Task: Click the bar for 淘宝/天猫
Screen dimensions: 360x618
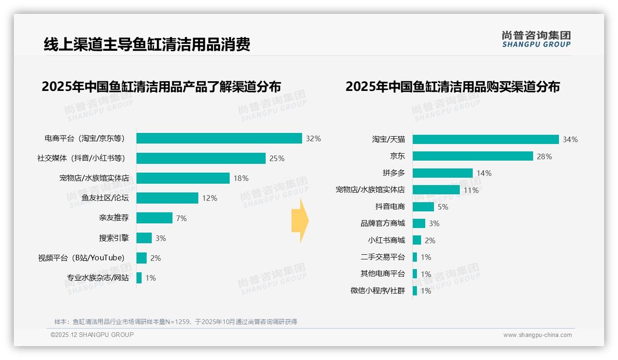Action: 485,139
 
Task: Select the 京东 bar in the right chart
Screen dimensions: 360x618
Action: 472,156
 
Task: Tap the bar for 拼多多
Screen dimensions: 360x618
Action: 442,173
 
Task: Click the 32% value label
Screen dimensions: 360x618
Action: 313,138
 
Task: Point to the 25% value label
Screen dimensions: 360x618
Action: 277,158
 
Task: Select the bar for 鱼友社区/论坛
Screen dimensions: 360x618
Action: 167,198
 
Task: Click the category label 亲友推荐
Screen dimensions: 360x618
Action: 114,218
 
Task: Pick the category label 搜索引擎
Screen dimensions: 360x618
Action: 114,238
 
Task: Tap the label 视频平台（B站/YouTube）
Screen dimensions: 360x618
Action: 81,258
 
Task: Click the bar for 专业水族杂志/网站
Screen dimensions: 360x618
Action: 139,278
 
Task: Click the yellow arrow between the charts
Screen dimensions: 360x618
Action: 299,221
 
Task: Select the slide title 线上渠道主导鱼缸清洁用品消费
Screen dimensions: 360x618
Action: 147,45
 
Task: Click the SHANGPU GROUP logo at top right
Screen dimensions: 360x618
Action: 536,39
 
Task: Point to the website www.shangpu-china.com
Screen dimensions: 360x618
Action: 537,335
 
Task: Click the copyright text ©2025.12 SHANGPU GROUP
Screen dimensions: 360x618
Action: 92,335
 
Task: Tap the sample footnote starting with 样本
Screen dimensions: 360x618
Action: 175,322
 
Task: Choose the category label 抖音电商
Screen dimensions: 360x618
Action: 390,207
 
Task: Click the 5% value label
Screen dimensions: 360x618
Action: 443,207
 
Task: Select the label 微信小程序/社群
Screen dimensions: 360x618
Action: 377,291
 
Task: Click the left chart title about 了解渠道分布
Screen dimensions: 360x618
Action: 161,87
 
